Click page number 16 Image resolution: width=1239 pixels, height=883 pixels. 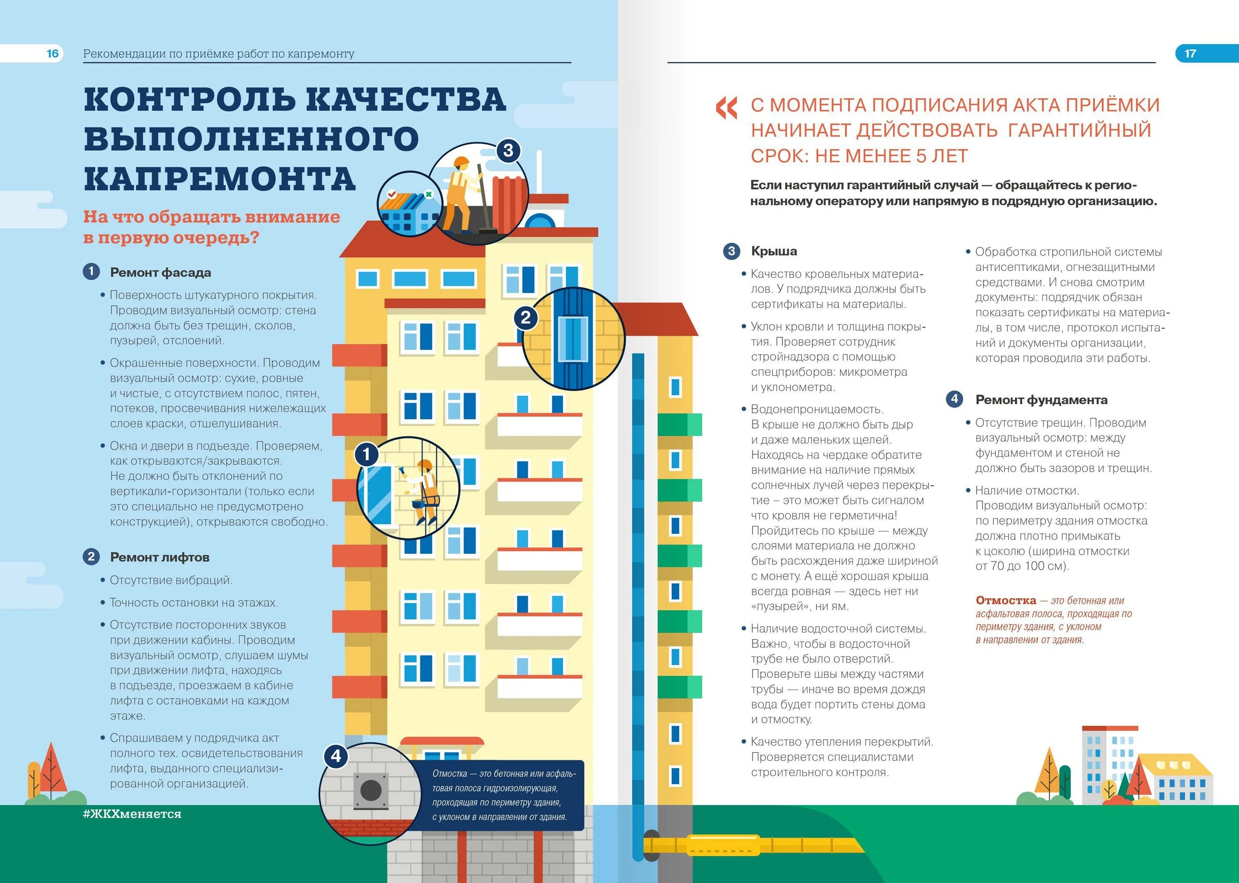tap(52, 53)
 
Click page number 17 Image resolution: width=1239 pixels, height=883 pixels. tap(1190, 53)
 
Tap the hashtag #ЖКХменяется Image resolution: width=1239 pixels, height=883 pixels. tap(132, 814)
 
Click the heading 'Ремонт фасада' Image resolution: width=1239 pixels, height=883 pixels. tap(160, 272)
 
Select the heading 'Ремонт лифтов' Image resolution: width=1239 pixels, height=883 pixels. tap(159, 557)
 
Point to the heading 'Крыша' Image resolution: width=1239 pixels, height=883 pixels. tap(774, 251)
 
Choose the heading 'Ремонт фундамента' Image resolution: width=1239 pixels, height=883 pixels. tap(1041, 400)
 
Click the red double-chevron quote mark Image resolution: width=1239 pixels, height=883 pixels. tap(726, 108)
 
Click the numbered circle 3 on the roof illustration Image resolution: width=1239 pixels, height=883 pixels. tap(508, 151)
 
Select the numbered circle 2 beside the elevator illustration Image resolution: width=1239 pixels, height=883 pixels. tap(525, 317)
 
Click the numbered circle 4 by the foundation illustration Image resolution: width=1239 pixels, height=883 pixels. tap(336, 756)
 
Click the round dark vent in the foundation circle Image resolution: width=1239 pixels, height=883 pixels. tap(371, 790)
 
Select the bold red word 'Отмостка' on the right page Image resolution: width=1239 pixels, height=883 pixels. tap(1006, 600)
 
